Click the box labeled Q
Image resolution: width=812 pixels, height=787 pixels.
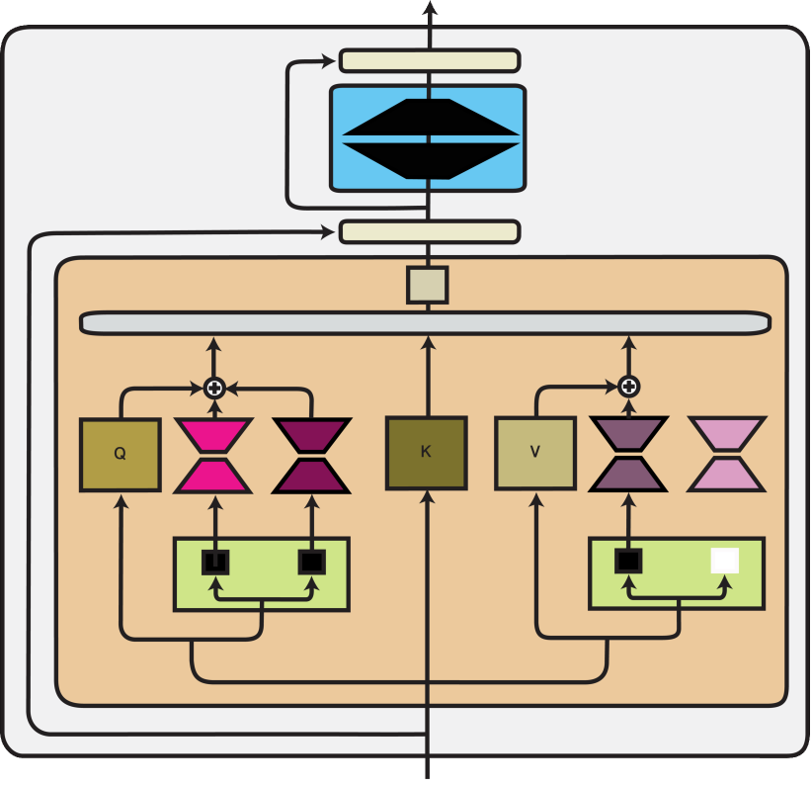pyautogui.click(x=120, y=455)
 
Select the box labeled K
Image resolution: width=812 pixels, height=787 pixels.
pyautogui.click(x=426, y=453)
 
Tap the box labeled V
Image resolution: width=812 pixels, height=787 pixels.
pyautogui.click(x=534, y=453)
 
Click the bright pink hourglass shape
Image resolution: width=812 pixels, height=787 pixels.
pyautogui.click(x=213, y=455)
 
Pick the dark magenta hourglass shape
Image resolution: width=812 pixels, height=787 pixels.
pyautogui.click(x=311, y=455)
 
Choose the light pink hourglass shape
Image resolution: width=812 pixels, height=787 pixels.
pyautogui.click(x=727, y=454)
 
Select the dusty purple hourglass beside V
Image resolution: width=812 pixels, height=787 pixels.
pyautogui.click(x=628, y=454)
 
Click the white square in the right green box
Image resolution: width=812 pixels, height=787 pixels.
pyautogui.click(x=724, y=561)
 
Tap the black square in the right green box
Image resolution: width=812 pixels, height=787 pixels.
pyautogui.click(x=627, y=561)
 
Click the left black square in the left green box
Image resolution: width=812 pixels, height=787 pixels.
pyautogui.click(x=215, y=562)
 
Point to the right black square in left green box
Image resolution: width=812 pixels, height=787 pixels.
pyautogui.click(x=312, y=562)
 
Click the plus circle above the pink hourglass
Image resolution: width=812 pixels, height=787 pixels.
pyautogui.click(x=214, y=388)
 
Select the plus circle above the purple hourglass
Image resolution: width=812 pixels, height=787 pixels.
pyautogui.click(x=628, y=387)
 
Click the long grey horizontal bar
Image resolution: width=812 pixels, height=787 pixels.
pyautogui.click(x=425, y=323)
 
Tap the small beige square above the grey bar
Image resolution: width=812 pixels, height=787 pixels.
pyautogui.click(x=428, y=285)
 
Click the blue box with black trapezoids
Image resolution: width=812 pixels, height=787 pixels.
pyautogui.click(x=427, y=138)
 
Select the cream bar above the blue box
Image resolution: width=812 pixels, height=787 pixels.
pyautogui.click(x=430, y=61)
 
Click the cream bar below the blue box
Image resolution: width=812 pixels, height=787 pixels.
pyautogui.click(x=430, y=231)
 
